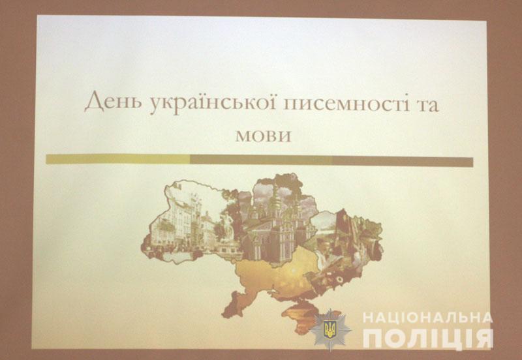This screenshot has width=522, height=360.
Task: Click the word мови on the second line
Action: click(263, 135)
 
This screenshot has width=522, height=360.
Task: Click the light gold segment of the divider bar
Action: click(118, 159)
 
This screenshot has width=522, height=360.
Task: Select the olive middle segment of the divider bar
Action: click(262, 160)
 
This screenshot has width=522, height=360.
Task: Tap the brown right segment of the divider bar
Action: click(403, 162)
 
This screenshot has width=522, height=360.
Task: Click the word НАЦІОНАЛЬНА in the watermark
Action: click(427, 318)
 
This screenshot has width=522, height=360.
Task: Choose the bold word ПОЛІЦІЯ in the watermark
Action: click(428, 338)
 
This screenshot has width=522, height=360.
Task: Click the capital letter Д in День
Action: click(93, 103)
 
